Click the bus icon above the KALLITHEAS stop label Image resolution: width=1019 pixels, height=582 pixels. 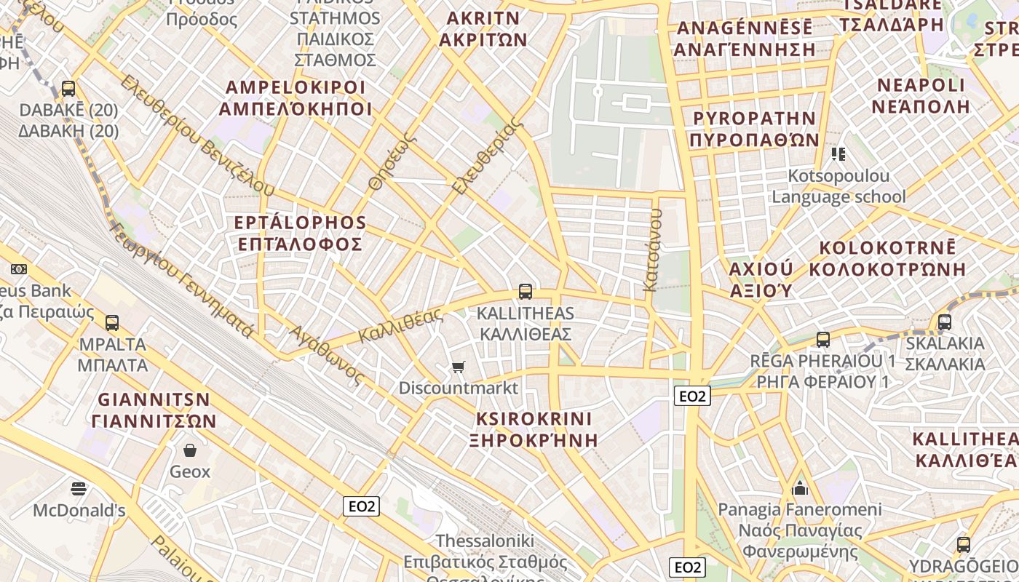coord(525,292)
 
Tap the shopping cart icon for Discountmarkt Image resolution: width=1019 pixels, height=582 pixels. coord(458,367)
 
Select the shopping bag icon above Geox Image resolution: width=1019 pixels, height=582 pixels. coord(190,450)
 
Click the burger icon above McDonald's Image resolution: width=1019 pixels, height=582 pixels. coord(79,488)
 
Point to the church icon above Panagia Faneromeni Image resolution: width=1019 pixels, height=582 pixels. coord(800,487)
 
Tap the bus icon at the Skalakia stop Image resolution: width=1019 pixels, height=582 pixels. coord(945,322)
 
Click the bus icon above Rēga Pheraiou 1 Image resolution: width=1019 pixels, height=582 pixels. coord(823,339)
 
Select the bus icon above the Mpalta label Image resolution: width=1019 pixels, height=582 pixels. coord(111,322)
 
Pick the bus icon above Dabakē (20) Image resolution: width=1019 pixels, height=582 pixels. coord(68,89)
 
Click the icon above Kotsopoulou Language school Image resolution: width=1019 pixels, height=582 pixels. coord(838,154)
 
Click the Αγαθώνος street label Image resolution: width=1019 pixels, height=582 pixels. coord(326,354)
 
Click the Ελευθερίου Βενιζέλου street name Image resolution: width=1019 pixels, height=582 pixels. coord(197,134)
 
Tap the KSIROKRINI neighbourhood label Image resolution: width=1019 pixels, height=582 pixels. coord(534,419)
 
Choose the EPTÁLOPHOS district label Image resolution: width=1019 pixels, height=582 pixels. coord(300,223)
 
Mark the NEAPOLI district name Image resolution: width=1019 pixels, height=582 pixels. coord(921,85)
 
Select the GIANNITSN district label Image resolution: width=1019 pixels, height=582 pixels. coord(154,399)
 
